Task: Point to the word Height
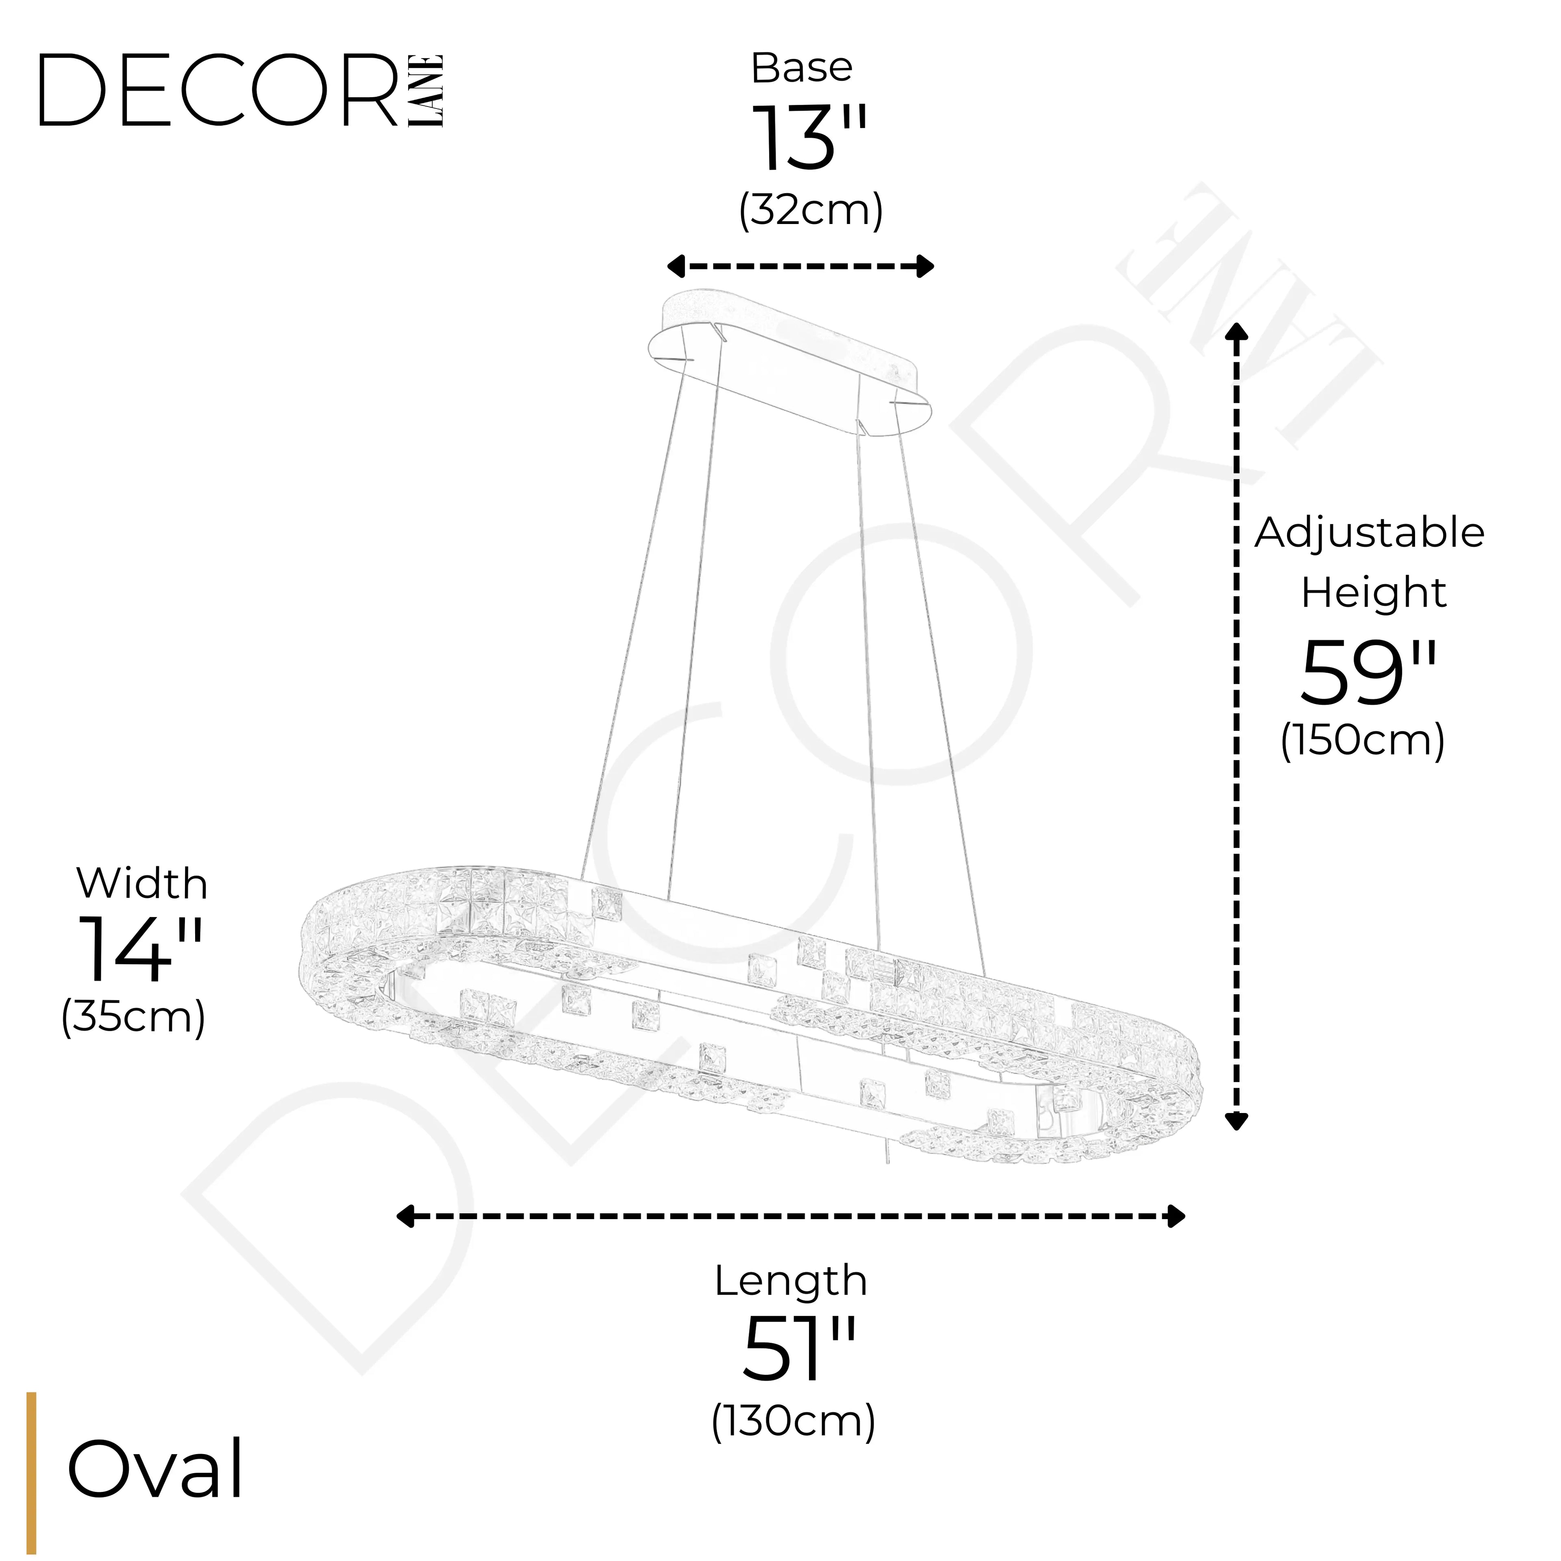1373,593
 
